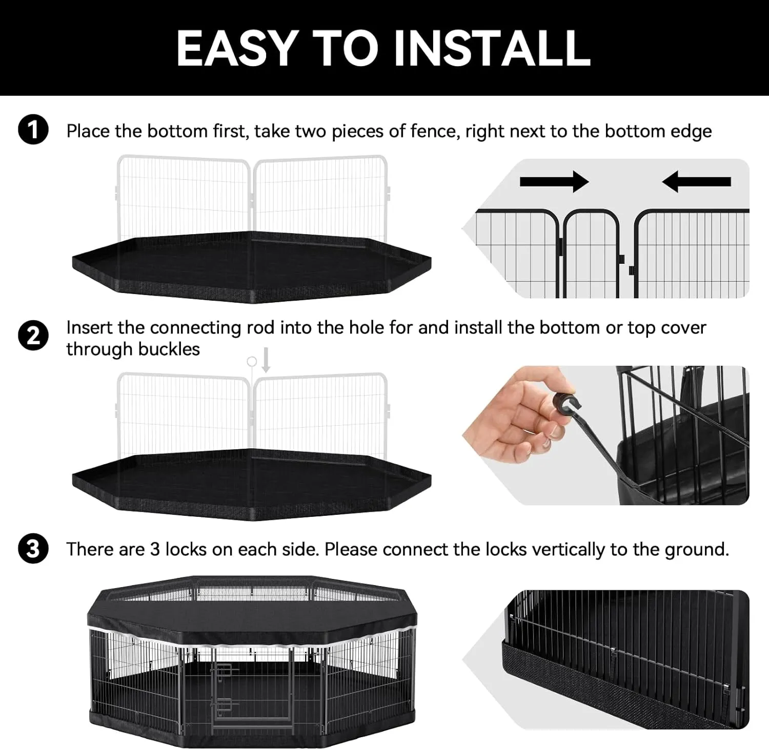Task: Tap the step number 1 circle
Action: pos(33,131)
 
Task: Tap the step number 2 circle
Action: pos(33,336)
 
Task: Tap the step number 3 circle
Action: pos(33,549)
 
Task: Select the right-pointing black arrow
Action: pos(554,181)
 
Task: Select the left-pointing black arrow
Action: pos(696,181)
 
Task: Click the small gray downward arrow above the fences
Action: pos(266,362)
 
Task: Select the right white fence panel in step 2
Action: pos(321,415)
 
